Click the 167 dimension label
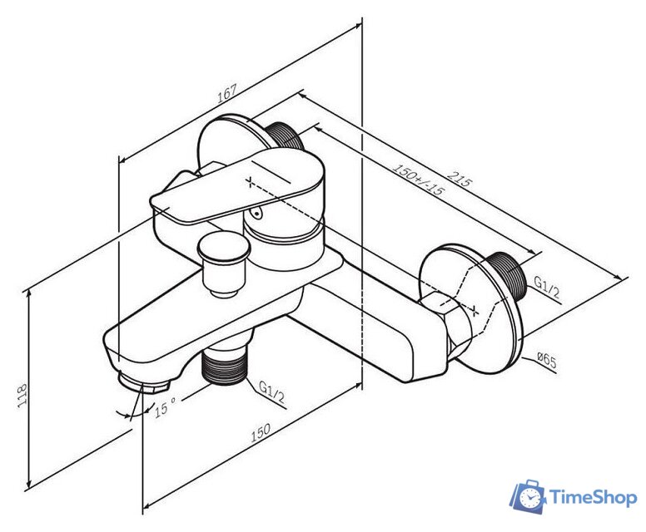coord(227,93)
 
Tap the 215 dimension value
coord(459,179)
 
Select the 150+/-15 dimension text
coord(418,179)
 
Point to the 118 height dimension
coord(22,396)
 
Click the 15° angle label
coord(165,407)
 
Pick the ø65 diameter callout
coord(547,360)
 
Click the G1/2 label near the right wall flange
coord(547,287)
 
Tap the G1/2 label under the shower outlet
coord(271,392)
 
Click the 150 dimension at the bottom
coord(261,432)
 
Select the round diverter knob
coord(224,264)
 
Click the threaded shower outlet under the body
coord(223,365)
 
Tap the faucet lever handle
coord(238,186)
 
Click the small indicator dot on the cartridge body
coord(257,214)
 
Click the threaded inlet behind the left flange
coord(285,135)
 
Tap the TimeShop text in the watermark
coord(593,497)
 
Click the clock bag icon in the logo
coord(528,496)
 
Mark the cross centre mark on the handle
coord(250,181)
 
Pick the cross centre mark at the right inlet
coord(475,309)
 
